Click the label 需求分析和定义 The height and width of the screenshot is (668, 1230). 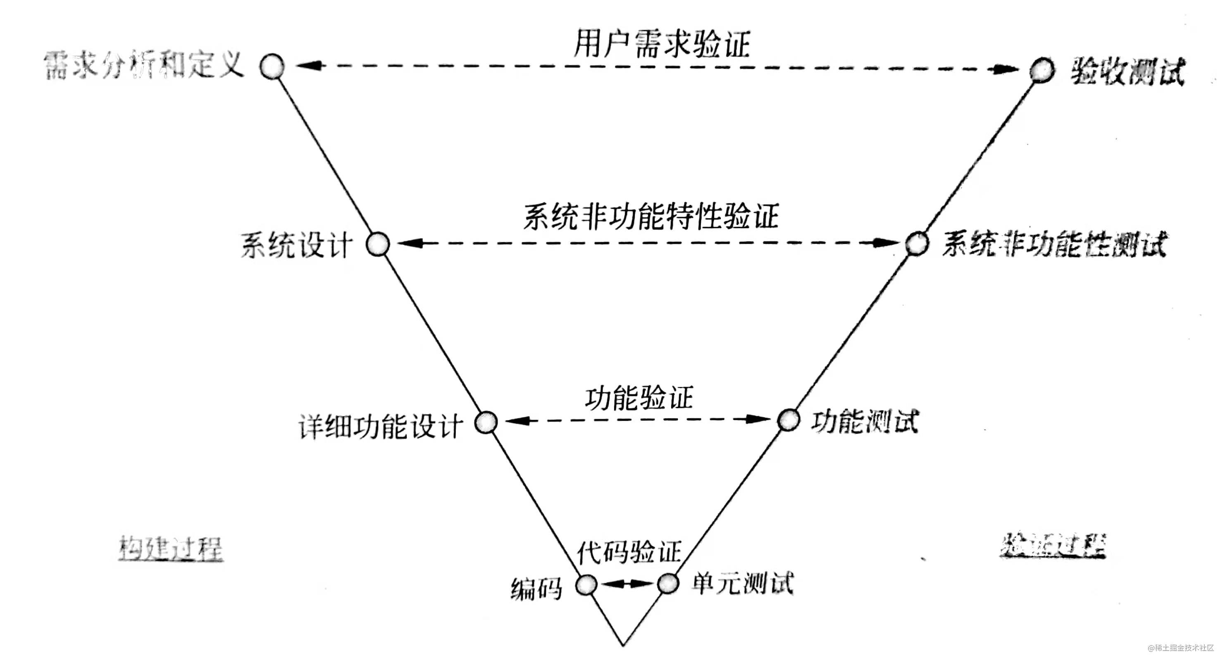pos(144,65)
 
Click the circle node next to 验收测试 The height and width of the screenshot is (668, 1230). pos(1042,71)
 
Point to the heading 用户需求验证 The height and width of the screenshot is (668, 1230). pos(662,44)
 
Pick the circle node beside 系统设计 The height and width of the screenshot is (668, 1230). pos(378,244)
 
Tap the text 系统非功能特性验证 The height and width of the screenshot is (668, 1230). pos(651,216)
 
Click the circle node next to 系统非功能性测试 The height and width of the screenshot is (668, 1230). pos(917,243)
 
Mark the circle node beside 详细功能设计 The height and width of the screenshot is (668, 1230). pos(486,422)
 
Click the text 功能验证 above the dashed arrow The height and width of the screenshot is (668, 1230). pos(639,398)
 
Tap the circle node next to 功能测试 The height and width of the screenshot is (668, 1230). pos(788,420)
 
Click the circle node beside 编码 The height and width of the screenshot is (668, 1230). pos(586,585)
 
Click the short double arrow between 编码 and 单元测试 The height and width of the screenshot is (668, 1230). pos(627,584)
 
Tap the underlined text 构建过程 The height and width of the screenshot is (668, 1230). pos(170,548)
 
